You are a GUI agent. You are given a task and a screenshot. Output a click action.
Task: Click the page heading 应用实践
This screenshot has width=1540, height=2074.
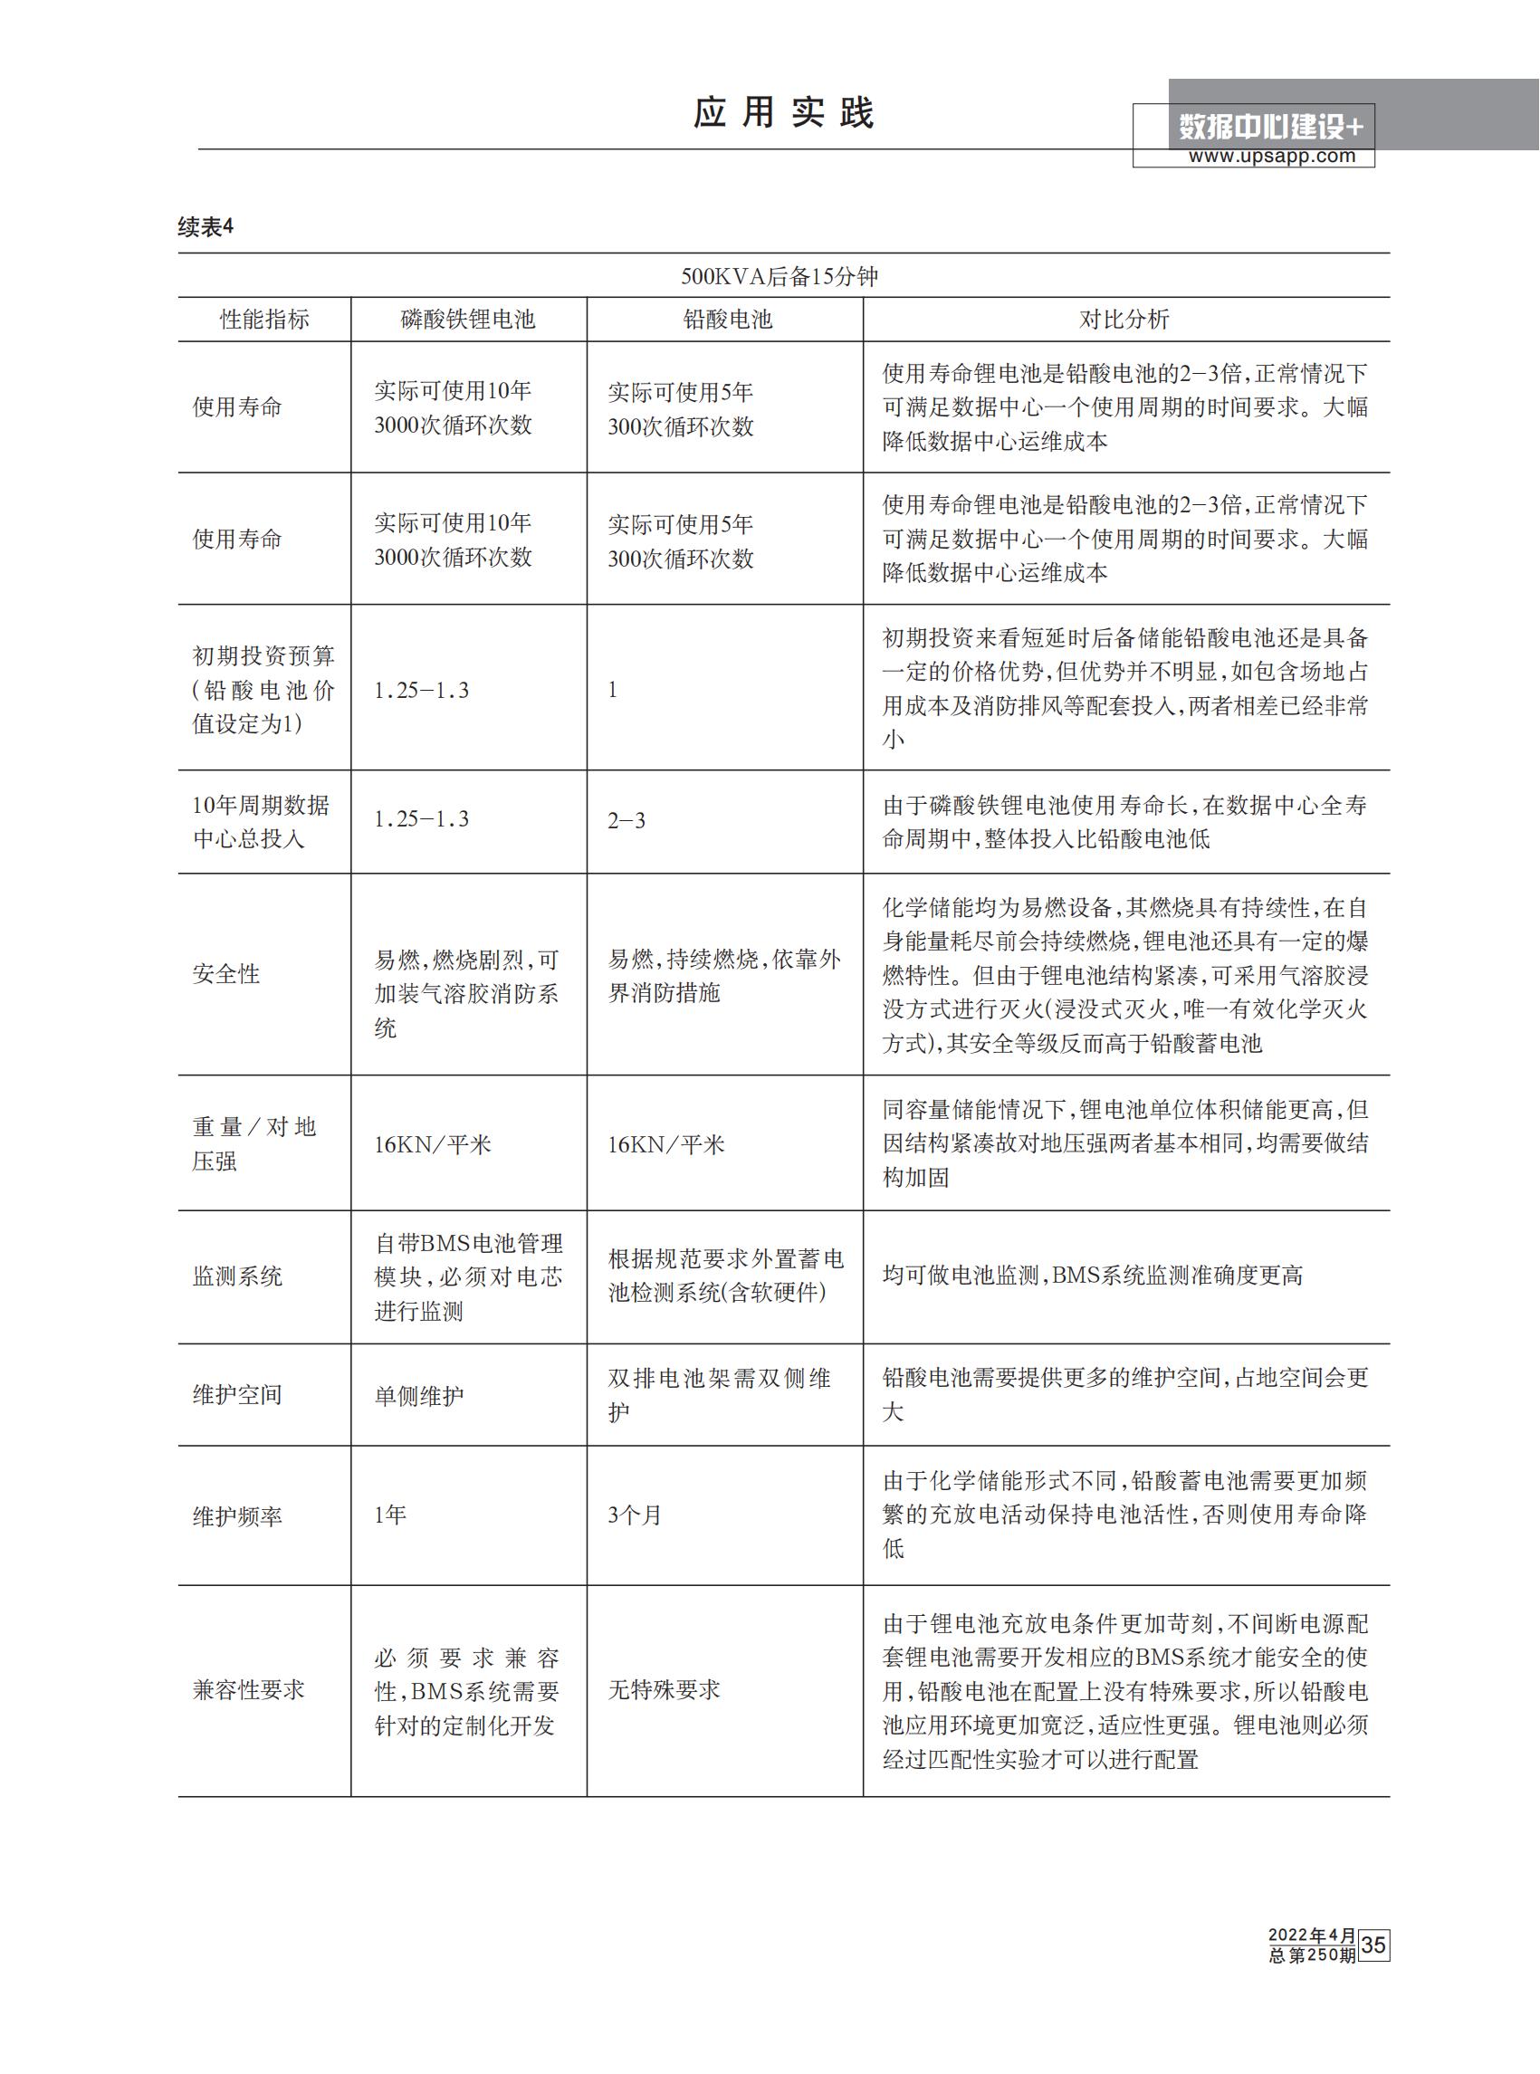pos(783,113)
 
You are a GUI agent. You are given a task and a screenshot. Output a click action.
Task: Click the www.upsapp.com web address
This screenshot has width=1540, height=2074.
pos(1271,157)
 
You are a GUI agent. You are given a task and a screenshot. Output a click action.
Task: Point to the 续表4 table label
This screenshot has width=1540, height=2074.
pos(206,226)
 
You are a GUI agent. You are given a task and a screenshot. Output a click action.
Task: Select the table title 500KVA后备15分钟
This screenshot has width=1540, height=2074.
pos(780,277)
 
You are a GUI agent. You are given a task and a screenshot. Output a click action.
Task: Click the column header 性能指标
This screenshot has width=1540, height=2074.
pos(263,320)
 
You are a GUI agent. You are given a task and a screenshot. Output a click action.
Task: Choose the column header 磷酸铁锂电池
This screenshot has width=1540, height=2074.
pos(468,320)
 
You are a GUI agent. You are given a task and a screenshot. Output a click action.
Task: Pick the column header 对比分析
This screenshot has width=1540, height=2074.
pos(1124,320)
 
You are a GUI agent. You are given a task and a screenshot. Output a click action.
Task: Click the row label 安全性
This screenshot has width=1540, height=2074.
pos(226,974)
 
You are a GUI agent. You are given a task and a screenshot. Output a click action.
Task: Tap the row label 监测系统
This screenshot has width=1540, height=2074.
pos(238,1276)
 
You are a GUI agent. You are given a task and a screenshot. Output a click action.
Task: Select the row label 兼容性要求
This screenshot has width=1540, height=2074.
pos(249,1690)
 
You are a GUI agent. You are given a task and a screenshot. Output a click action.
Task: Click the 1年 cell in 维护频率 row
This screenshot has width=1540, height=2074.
pos(390,1515)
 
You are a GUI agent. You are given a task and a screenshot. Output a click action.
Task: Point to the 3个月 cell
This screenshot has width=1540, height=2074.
pos(635,1515)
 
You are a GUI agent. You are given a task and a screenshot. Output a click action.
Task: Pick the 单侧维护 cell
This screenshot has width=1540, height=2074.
pos(419,1395)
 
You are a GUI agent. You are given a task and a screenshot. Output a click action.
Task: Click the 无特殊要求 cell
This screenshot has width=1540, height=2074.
pos(664,1690)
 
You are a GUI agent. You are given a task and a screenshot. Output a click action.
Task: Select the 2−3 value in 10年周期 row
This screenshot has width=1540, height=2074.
pos(627,820)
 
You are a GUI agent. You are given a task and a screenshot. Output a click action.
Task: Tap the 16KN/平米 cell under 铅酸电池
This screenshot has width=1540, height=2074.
pos(665,1144)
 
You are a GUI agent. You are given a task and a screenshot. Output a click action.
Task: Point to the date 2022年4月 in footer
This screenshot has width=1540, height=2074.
pos(1312,1935)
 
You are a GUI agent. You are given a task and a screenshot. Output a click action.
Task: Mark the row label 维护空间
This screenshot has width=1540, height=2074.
pos(238,1394)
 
